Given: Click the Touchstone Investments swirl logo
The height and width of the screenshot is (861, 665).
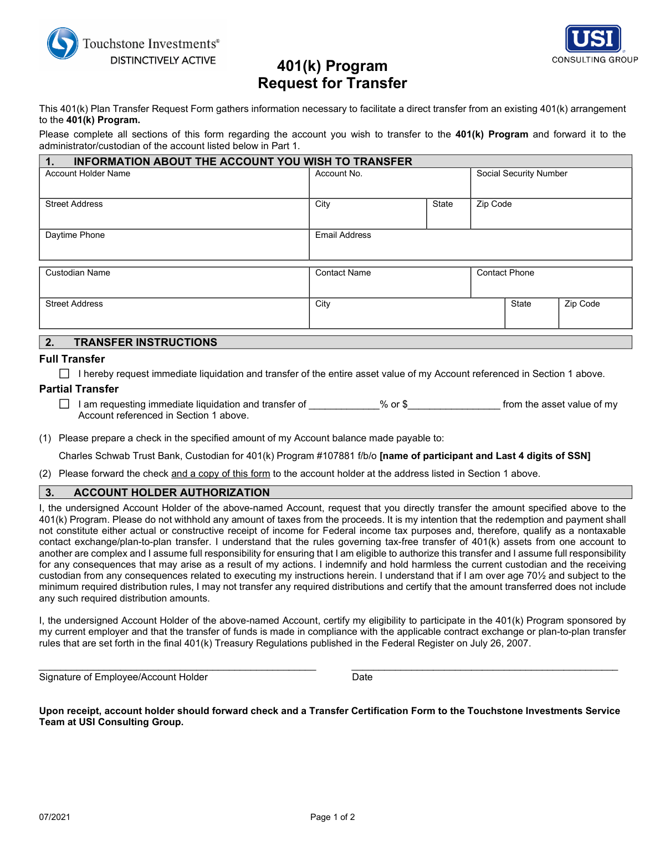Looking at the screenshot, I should pos(63,43).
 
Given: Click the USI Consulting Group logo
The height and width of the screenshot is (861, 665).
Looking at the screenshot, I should pos(594,44).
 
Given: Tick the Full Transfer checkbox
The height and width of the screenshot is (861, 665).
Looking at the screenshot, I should pos(64,374).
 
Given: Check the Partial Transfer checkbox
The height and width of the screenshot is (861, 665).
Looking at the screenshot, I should pos(64,404).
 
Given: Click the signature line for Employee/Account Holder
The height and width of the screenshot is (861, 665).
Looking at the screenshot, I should pos(177,666).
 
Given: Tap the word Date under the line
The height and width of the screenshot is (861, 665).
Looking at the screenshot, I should pos(362,677).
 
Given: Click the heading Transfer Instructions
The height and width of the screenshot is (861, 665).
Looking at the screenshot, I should pos(145,342).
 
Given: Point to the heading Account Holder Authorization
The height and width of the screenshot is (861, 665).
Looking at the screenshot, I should pos(171,492).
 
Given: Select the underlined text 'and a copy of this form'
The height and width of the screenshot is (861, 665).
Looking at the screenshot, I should pos(221,473).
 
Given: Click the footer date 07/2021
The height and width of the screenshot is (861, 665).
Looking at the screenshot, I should pos(54,817).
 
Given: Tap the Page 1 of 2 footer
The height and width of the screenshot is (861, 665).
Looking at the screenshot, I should pos(332,817).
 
